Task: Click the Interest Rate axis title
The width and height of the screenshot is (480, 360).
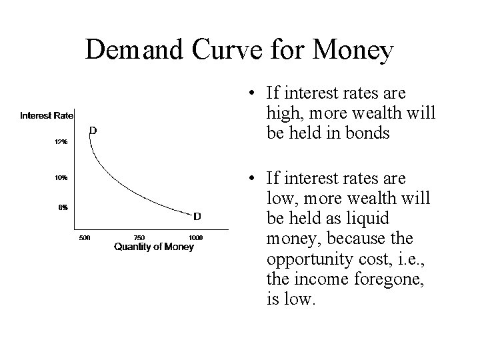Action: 47,115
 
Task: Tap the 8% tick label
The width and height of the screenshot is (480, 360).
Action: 62,206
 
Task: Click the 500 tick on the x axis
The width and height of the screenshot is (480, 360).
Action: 85,238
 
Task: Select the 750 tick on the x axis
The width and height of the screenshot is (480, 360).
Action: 140,238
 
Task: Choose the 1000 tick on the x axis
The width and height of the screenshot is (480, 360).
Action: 196,238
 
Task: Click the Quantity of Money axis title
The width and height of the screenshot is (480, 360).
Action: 153,247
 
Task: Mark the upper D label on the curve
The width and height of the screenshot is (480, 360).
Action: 93,131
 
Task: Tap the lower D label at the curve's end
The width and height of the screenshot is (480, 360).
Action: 197,216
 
